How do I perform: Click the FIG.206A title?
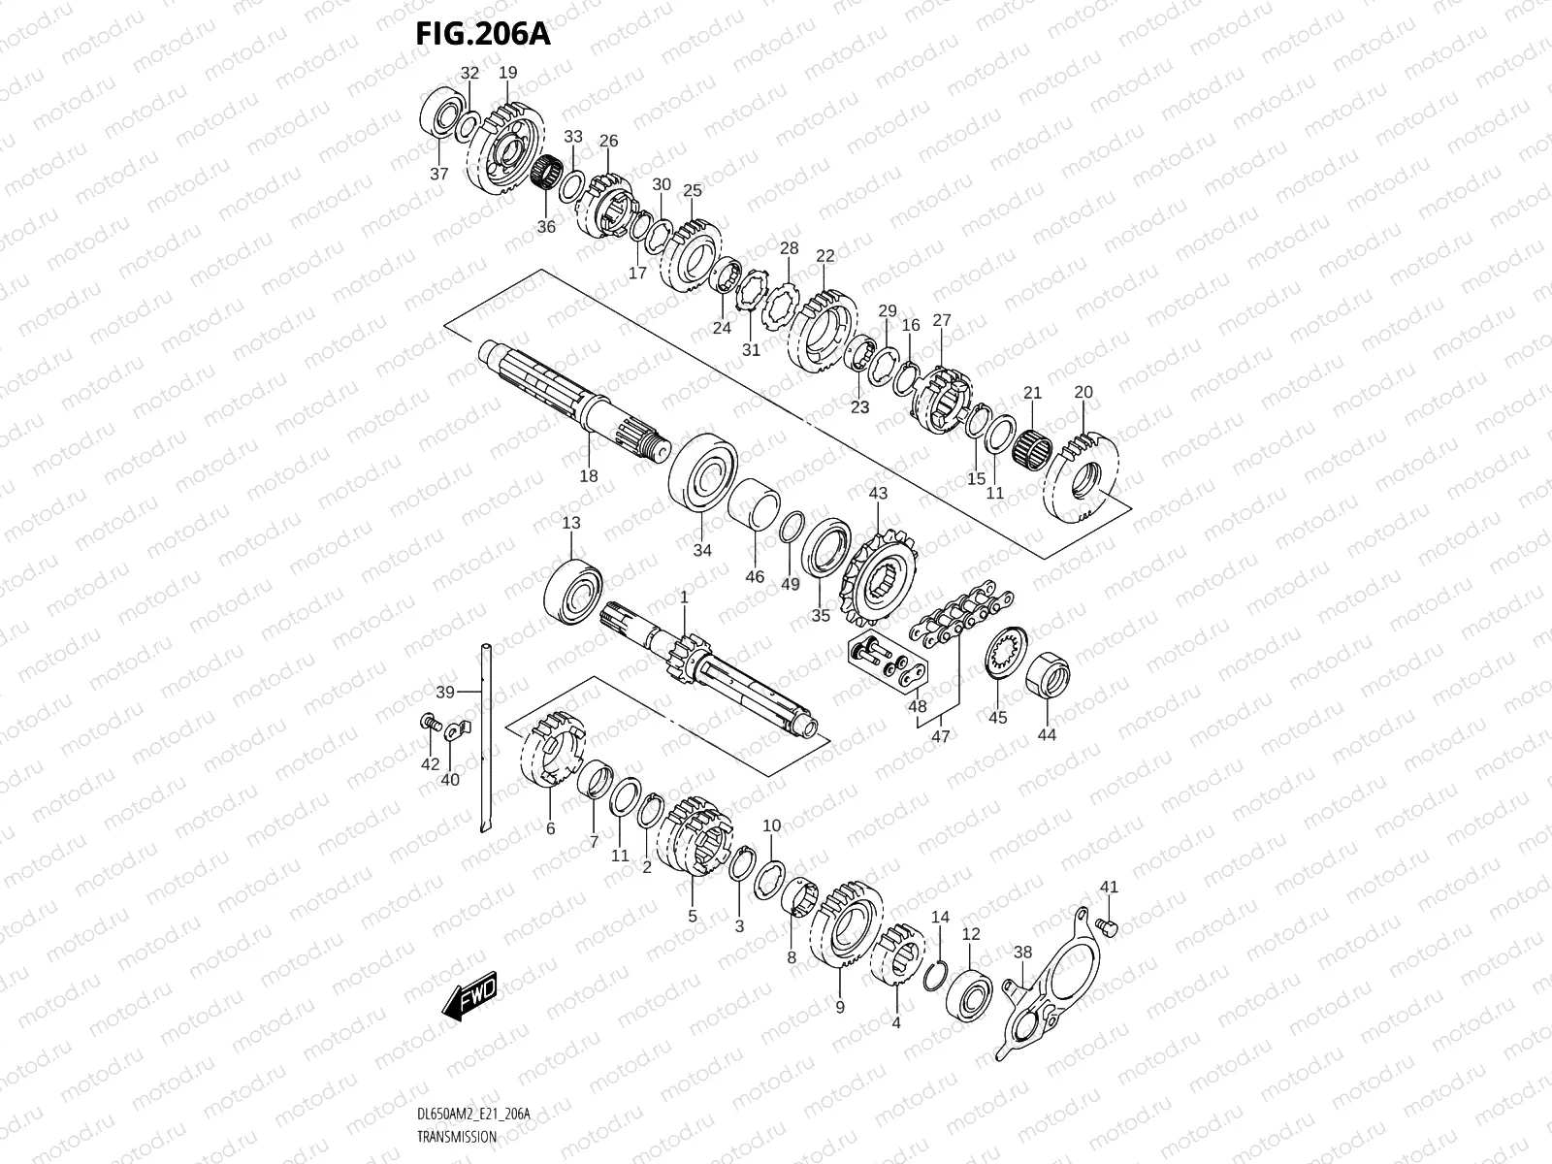coord(482,34)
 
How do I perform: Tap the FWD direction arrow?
coord(469,996)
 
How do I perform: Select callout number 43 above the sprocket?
coord(878,494)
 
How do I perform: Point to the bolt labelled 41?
coord(1111,926)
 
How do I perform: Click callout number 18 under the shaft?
coord(589,476)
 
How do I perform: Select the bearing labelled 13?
coord(575,589)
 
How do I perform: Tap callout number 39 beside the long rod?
coord(445,692)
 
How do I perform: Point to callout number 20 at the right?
coord(1083,392)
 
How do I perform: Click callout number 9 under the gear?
coord(840,1008)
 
